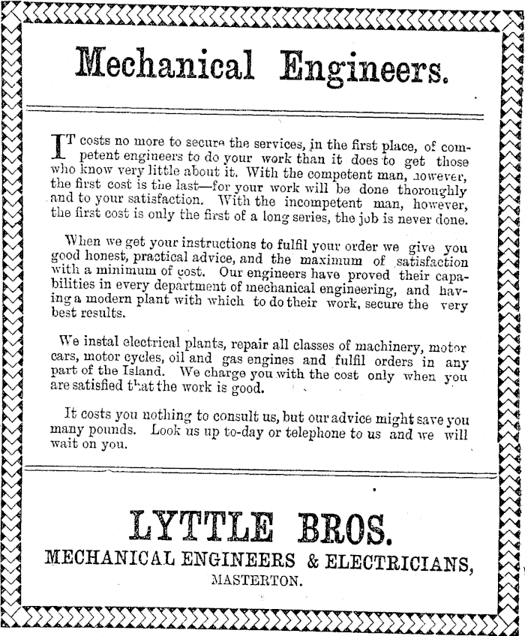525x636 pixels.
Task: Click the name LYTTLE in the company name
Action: (x=194, y=528)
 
